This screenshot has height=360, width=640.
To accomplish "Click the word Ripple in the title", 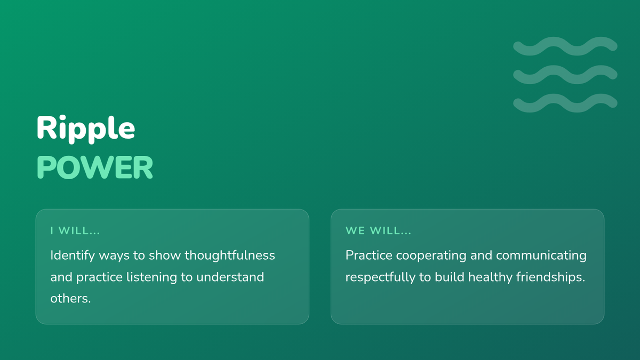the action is tap(86, 129).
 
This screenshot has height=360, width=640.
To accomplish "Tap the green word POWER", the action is tap(95, 167).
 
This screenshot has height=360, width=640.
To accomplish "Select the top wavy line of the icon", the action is tap(565, 46).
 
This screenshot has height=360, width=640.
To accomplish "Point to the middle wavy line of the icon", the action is tap(565, 75).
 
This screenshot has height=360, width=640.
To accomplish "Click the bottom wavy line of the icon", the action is tap(565, 103).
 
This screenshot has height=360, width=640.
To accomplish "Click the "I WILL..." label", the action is tap(75, 231).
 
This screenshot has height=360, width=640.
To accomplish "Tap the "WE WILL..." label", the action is tap(378, 231).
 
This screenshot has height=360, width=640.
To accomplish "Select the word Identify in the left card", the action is tap(73, 255).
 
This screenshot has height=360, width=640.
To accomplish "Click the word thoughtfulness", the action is tap(230, 255).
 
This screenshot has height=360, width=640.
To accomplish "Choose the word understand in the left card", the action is tap(230, 277).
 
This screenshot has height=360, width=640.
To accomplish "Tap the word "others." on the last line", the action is tap(70, 299).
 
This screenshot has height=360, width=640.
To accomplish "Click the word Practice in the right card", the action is tap(369, 255).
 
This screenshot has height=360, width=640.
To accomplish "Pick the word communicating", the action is tap(541, 255).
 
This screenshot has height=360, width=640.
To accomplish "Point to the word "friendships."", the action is tap(551, 277).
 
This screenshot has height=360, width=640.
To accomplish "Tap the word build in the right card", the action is tap(450, 277).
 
